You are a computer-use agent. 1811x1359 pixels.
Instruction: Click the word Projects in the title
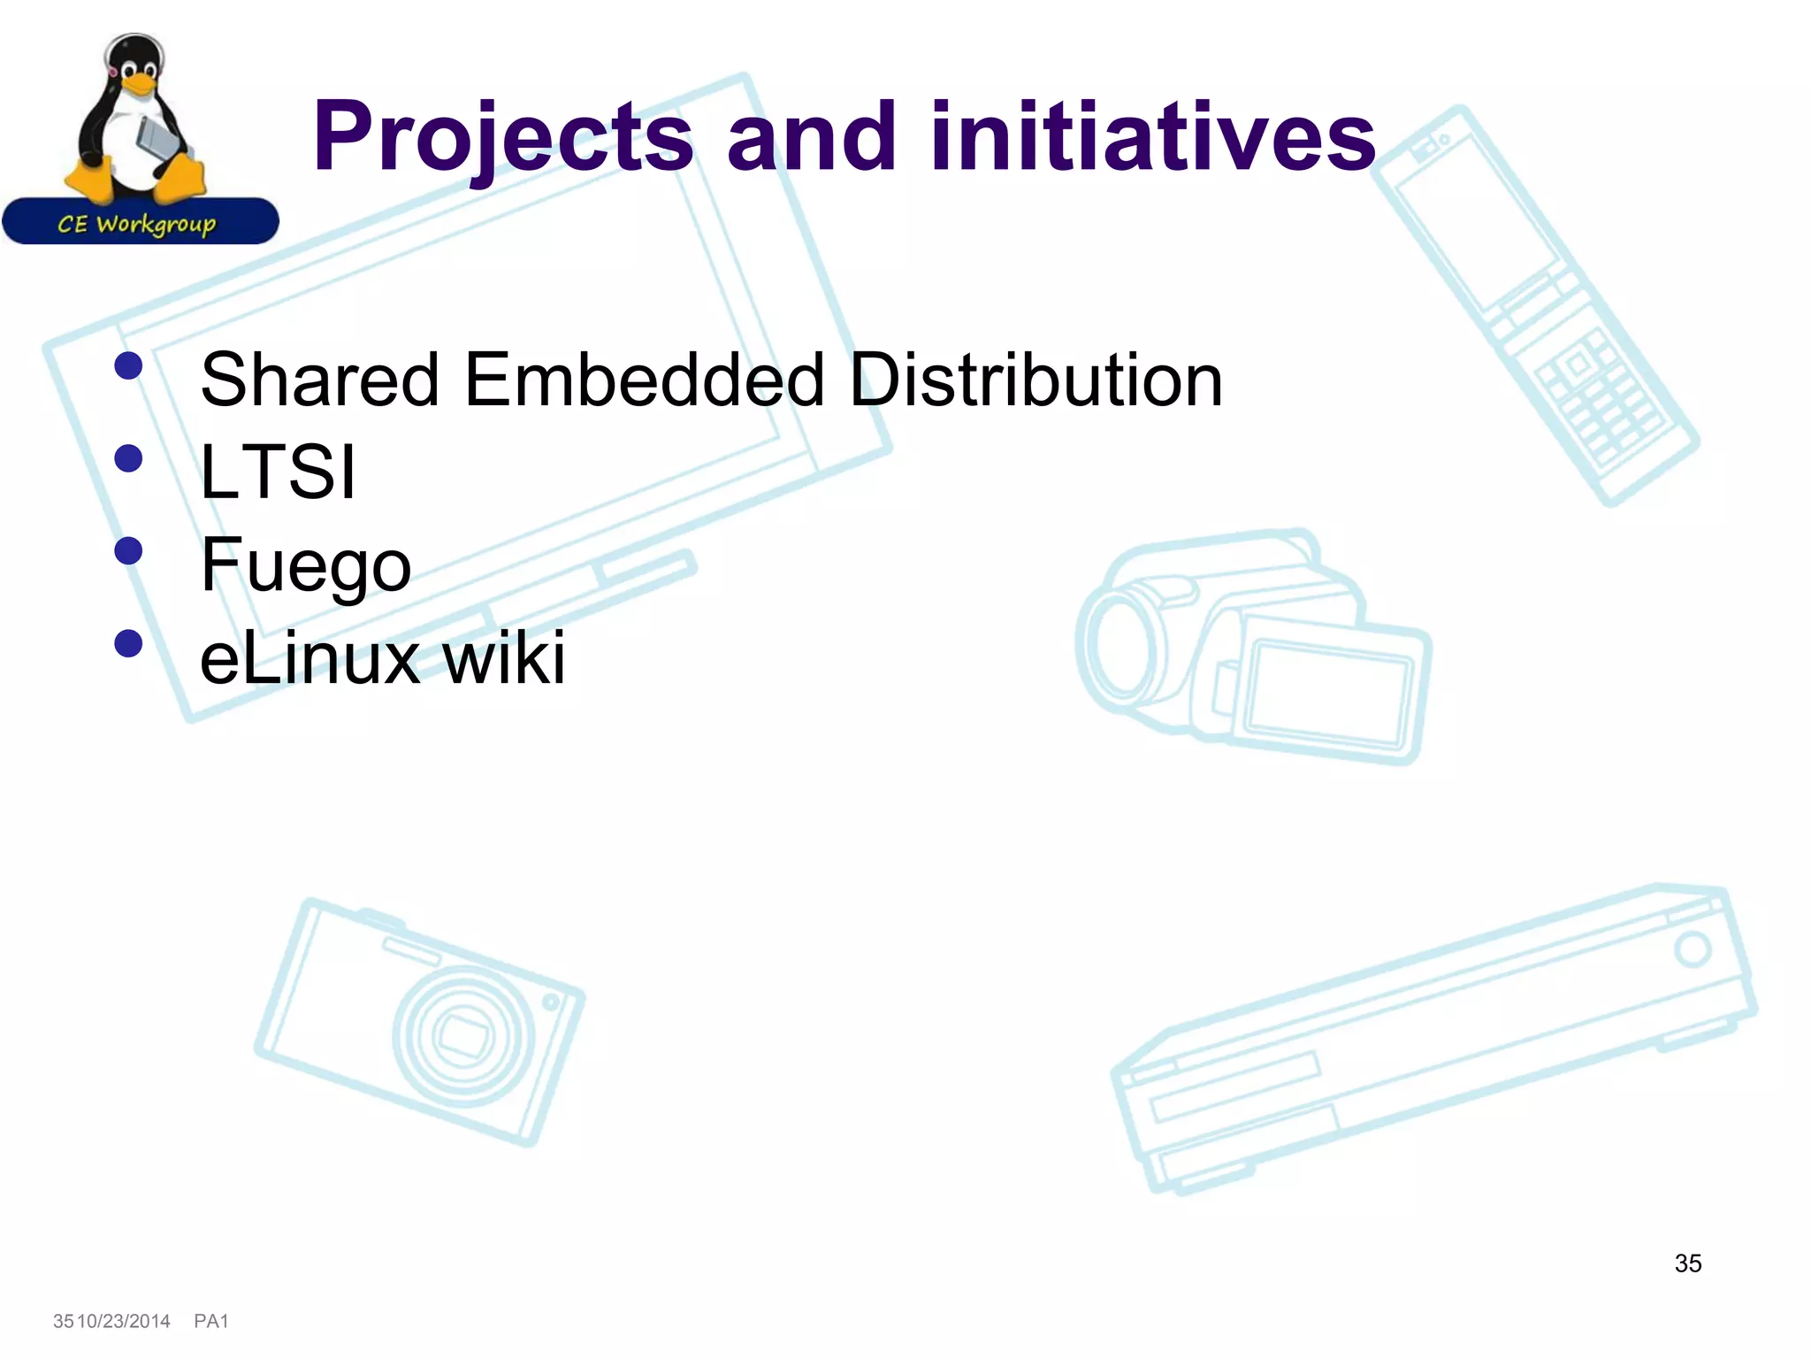click(502, 137)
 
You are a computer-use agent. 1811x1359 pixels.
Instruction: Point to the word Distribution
click(1035, 380)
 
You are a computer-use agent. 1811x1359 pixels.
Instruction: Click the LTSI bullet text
click(278, 472)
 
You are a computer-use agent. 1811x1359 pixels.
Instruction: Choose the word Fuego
click(306, 566)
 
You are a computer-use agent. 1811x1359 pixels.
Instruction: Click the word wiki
click(504, 658)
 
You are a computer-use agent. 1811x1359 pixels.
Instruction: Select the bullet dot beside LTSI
click(129, 458)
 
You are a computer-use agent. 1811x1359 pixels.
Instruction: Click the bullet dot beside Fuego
click(129, 551)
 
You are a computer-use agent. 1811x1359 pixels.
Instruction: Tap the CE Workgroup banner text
click(137, 224)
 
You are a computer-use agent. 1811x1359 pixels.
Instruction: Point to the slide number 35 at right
click(1687, 1263)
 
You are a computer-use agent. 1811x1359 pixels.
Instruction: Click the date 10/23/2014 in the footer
click(124, 1321)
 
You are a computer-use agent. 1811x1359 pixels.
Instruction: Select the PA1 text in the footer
click(211, 1321)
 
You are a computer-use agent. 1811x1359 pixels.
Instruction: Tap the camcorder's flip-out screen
click(1326, 695)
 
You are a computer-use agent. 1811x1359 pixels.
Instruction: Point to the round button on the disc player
click(1693, 950)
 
